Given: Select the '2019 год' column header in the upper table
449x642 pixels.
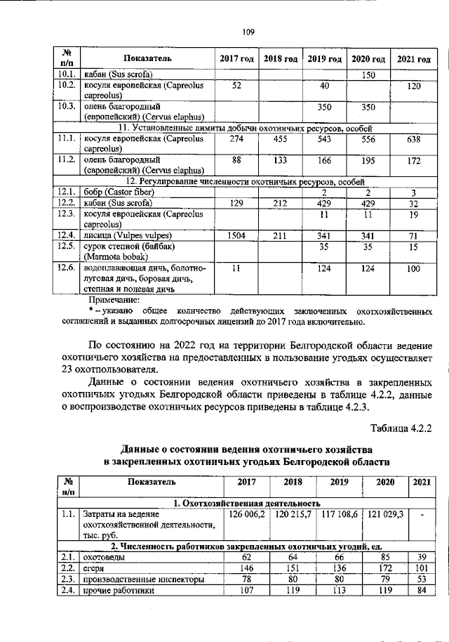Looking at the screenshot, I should (324, 58).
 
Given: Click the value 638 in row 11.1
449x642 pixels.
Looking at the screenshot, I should (413, 140).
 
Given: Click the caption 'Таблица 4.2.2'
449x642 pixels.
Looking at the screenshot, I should (400, 427).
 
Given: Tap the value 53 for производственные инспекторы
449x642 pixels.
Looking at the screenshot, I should (421, 579).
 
